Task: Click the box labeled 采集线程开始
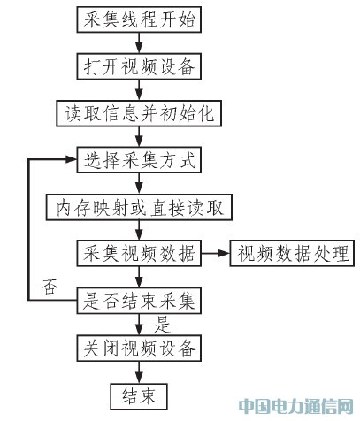click(x=139, y=19)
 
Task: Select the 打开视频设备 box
click(x=139, y=66)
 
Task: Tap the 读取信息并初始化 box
click(x=139, y=113)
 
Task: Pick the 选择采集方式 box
click(x=139, y=160)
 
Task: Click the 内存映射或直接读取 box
click(x=139, y=207)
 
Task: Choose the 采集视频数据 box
click(x=139, y=254)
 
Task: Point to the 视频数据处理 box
click(x=292, y=254)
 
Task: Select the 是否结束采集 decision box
click(x=139, y=301)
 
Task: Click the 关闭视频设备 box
click(x=139, y=348)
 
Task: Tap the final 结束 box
click(x=139, y=396)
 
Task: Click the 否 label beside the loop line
click(x=50, y=287)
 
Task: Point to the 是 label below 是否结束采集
click(x=162, y=325)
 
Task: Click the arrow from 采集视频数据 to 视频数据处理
click(x=216, y=253)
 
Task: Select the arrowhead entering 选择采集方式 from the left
click(x=71, y=159)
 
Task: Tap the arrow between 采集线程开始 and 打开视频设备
click(x=139, y=43)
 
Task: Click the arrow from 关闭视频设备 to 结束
click(x=139, y=372)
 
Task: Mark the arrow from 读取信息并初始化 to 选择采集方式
click(x=139, y=137)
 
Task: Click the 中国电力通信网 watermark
click(x=295, y=407)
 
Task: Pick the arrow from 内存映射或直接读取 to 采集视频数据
click(x=139, y=231)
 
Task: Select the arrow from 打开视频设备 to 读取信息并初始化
click(x=139, y=90)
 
